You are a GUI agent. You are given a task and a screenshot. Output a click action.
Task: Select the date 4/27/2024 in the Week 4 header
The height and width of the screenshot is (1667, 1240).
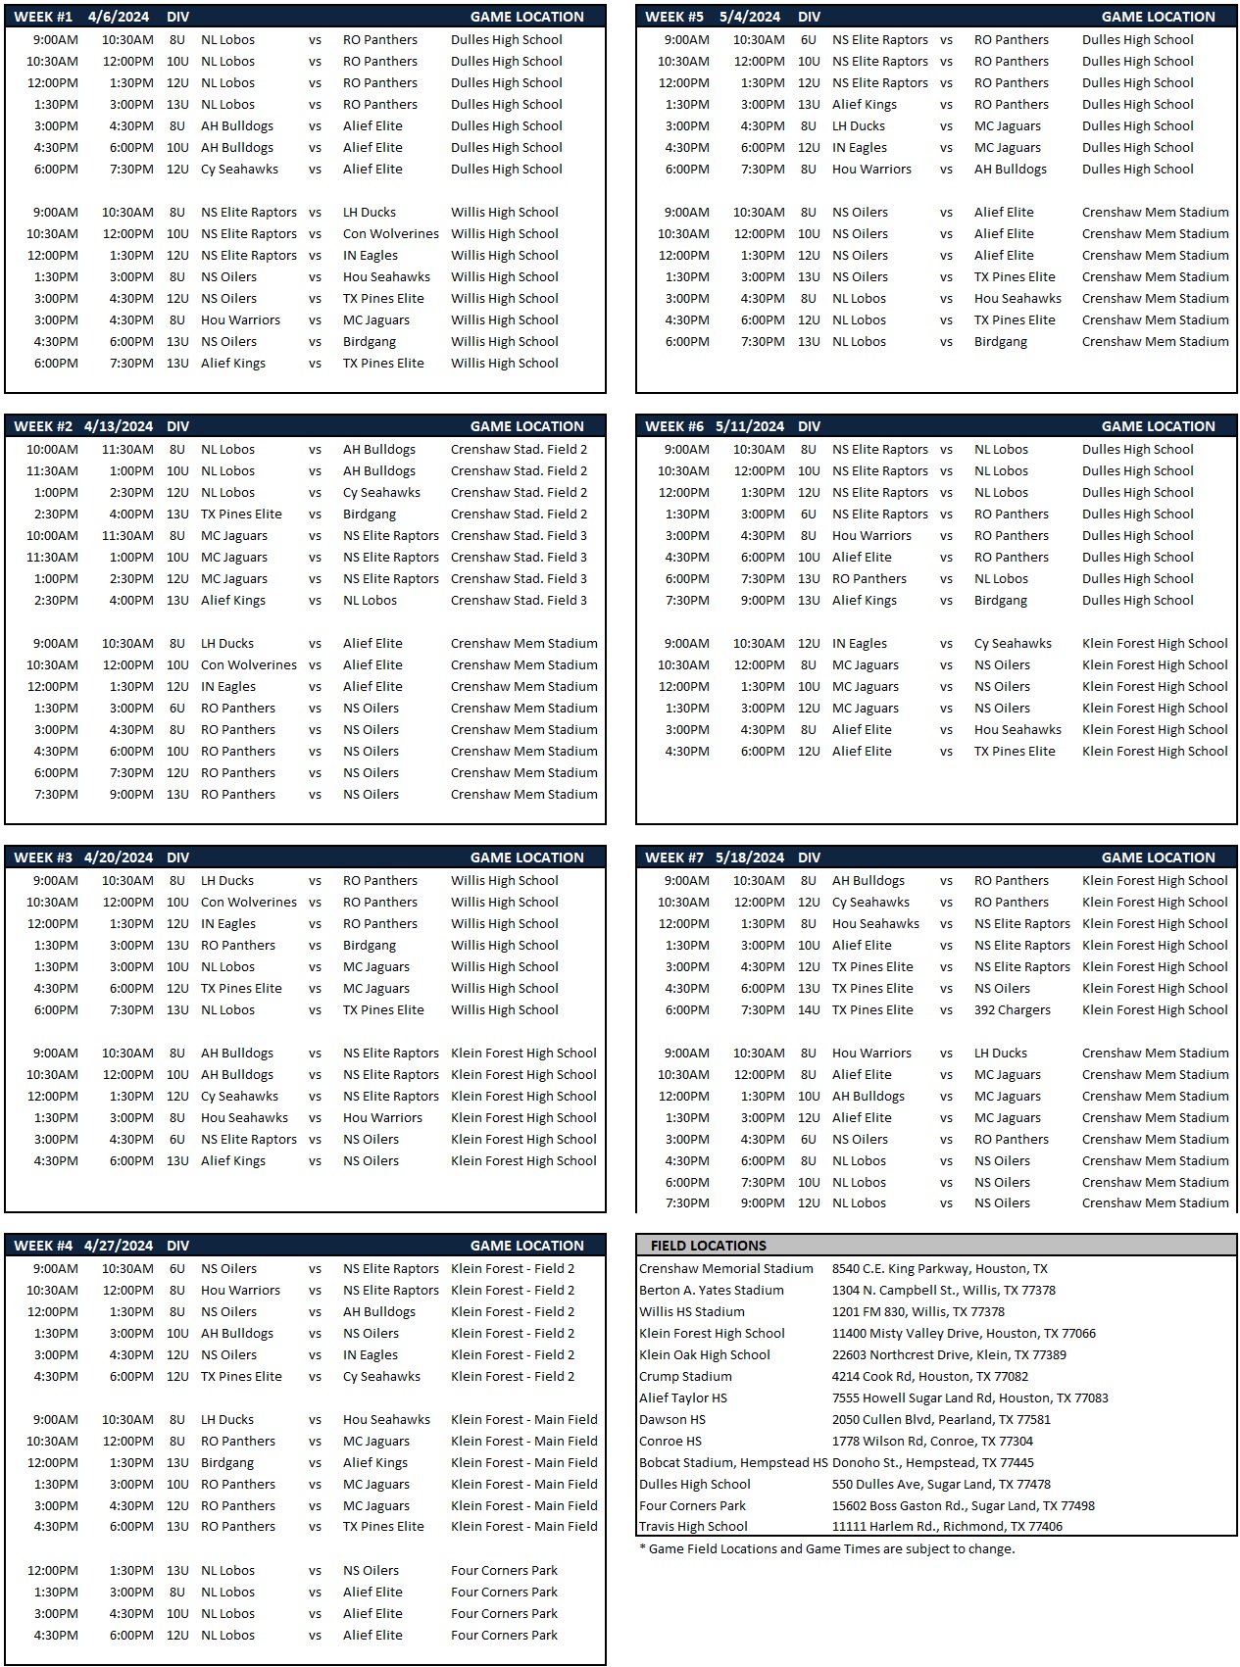click(119, 1246)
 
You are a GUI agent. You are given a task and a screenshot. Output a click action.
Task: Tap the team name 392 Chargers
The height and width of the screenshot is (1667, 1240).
click(1012, 1010)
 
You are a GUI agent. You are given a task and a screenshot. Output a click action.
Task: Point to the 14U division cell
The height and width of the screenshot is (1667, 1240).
click(808, 1010)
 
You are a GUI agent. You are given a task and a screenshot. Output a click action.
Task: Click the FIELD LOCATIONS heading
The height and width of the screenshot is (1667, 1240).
click(708, 1246)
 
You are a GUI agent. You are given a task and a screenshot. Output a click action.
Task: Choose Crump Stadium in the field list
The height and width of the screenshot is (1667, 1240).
click(685, 1377)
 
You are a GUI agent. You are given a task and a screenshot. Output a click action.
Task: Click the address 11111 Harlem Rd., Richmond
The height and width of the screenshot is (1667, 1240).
click(947, 1527)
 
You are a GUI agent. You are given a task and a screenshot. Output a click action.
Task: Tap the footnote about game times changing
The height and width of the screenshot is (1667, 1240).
click(826, 1549)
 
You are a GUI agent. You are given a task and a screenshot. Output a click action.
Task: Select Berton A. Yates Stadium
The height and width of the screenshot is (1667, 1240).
click(711, 1291)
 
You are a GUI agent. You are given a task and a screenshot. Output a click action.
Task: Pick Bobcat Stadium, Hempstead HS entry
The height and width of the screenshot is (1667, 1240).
click(733, 1463)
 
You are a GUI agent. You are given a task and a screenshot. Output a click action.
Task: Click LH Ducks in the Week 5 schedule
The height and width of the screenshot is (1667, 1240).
click(858, 126)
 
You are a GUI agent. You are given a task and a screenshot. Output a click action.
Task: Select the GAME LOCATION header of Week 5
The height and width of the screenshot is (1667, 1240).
click(1158, 17)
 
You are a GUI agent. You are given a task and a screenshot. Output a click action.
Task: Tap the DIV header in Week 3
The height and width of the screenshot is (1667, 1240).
click(177, 858)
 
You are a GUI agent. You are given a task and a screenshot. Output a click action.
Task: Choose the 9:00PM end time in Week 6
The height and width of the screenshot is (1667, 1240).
click(762, 601)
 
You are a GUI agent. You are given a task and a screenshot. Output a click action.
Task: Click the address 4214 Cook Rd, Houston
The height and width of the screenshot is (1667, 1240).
click(929, 1377)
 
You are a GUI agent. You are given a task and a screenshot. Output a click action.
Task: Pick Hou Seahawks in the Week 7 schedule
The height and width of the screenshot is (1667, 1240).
click(875, 924)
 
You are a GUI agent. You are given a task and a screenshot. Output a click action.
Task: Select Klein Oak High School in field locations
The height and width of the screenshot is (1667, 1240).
click(704, 1355)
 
